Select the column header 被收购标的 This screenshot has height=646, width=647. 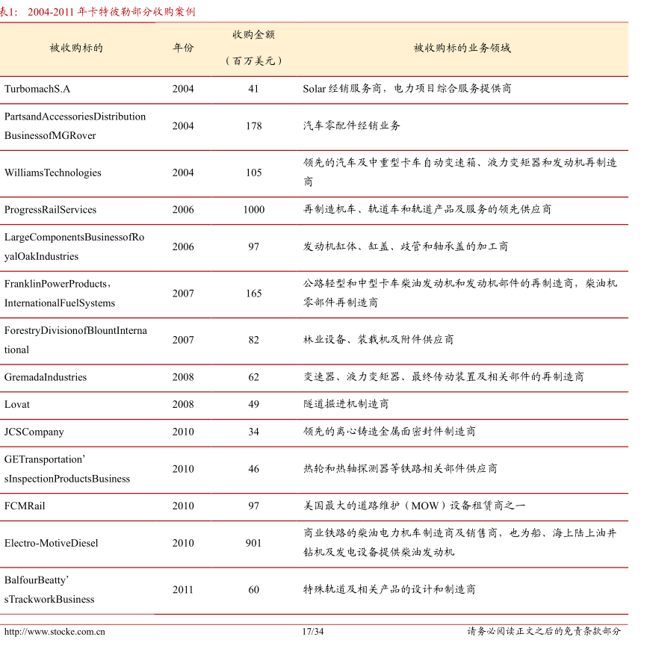point(76,48)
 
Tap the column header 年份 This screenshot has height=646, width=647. point(183,48)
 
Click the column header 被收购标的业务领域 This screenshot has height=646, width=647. point(462,48)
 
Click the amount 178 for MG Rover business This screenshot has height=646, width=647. point(253,126)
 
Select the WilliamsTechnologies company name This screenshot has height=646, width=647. point(53,173)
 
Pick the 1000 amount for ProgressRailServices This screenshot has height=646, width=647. point(253,210)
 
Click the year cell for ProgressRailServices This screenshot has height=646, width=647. point(183,210)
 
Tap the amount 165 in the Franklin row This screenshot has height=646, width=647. point(253,294)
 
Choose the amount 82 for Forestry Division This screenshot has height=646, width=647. point(253,340)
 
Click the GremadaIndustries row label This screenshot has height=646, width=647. point(46,377)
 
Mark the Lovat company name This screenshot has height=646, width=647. point(17,404)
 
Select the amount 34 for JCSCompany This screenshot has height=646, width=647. point(253,432)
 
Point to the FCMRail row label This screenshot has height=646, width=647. point(25,506)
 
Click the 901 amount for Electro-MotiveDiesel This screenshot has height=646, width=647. point(253,543)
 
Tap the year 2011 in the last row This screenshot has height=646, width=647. point(183,590)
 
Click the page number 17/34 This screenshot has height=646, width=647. point(313,632)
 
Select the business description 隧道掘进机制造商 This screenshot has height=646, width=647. point(346,404)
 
